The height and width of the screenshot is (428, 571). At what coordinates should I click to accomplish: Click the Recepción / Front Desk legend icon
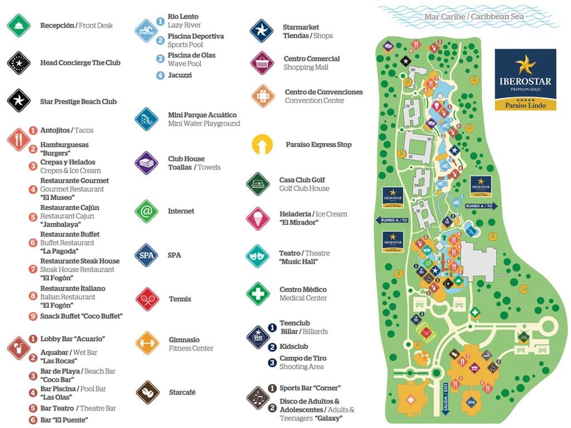pos(18,26)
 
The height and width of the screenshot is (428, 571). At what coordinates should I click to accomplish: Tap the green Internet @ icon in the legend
pos(147,211)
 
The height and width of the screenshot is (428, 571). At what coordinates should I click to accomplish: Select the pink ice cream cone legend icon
pos(258,218)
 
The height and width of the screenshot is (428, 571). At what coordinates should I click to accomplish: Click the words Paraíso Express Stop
pos(318,145)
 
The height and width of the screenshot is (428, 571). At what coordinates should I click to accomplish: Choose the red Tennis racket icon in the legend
pos(147,299)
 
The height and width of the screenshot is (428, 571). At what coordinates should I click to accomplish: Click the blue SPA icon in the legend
pos(147,255)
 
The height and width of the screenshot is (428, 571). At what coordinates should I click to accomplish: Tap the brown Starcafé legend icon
pos(147,392)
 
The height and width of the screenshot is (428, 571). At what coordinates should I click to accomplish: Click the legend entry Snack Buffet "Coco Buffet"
pos(81,316)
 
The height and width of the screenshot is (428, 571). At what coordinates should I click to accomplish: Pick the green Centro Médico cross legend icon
pos(258,294)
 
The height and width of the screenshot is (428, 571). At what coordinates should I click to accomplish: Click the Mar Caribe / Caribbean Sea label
pos(474,17)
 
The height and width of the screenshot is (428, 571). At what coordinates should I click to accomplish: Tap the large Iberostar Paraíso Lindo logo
pos(525,79)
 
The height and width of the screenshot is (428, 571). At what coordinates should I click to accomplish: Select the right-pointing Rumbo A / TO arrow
pos(481,206)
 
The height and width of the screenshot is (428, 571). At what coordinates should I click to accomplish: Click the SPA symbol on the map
pos(471,402)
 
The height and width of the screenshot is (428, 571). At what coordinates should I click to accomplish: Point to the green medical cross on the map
pos(475,313)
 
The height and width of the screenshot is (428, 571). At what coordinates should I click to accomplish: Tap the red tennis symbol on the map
pos(426,332)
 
